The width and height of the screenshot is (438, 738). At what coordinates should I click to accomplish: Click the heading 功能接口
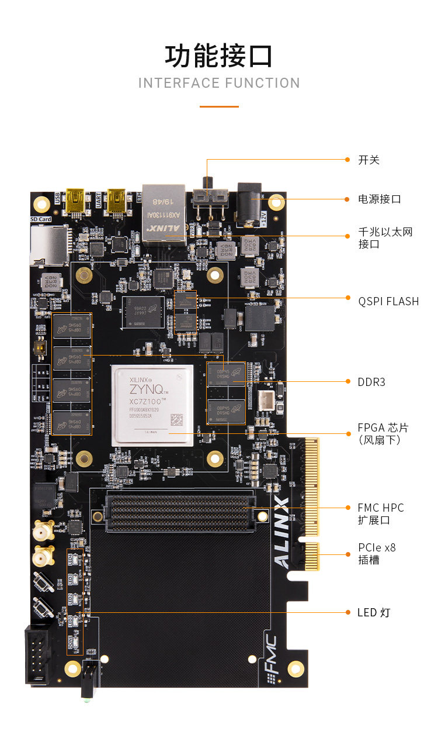tap(219, 56)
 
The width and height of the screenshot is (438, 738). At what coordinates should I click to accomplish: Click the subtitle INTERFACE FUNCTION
tap(219, 83)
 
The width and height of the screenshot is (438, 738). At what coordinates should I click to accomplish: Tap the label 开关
tap(369, 160)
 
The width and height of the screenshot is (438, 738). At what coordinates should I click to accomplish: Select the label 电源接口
tap(380, 199)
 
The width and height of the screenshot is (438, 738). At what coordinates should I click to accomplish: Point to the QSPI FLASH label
tap(388, 301)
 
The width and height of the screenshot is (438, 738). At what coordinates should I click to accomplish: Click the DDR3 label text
tap(371, 382)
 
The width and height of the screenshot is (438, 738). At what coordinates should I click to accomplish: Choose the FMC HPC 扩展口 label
tap(381, 513)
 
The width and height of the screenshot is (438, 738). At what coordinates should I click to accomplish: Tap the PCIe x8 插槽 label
tap(377, 553)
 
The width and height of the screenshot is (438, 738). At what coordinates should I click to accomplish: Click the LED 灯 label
tap(373, 612)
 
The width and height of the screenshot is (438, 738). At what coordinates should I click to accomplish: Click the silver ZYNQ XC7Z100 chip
tap(153, 405)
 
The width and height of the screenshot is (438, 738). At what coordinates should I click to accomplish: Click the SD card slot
tap(48, 244)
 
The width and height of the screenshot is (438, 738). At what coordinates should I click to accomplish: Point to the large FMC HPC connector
tap(179, 511)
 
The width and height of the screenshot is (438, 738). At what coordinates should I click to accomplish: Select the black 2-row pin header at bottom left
tap(38, 656)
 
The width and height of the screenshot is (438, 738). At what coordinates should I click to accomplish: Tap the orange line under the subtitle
tap(219, 106)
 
